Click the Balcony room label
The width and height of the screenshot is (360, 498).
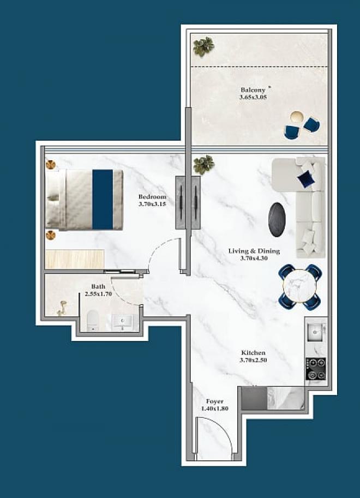[253, 90]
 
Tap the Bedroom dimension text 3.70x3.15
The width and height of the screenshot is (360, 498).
[152, 204]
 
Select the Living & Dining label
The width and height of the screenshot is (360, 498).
[254, 251]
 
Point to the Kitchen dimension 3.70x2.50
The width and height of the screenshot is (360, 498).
[254, 360]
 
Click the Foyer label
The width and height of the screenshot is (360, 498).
[214, 401]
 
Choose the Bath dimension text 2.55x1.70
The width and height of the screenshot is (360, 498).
[98, 294]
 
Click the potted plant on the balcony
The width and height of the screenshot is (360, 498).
[203, 46]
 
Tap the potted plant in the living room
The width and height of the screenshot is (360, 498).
[203, 165]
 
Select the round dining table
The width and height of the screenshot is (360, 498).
[299, 286]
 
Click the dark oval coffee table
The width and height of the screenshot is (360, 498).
[277, 219]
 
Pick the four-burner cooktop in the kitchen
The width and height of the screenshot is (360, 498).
[316, 369]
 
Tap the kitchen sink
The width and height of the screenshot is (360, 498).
[315, 332]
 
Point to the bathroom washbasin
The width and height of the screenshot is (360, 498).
[122, 322]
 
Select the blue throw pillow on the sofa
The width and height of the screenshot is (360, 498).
[305, 178]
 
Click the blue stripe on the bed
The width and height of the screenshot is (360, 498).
[103, 200]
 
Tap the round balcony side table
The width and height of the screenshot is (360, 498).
[296, 117]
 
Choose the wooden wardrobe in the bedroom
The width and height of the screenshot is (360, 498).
[75, 259]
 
